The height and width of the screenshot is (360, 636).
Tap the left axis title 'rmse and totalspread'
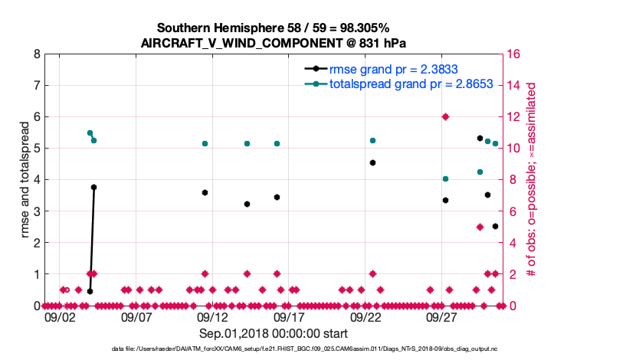pos(25,179)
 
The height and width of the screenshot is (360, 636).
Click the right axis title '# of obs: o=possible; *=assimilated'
pos(534,179)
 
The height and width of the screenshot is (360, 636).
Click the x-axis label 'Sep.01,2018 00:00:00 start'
pos(274,333)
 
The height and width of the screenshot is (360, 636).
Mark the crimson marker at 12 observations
pos(445,116)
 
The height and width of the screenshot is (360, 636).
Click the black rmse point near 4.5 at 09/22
pos(372,162)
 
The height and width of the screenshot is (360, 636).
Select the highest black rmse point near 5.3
pos(480,139)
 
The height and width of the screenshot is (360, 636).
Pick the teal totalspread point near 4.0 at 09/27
pos(445,178)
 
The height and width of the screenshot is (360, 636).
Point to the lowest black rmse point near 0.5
pos(90,291)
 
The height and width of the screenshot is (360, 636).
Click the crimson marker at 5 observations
pos(480,227)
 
